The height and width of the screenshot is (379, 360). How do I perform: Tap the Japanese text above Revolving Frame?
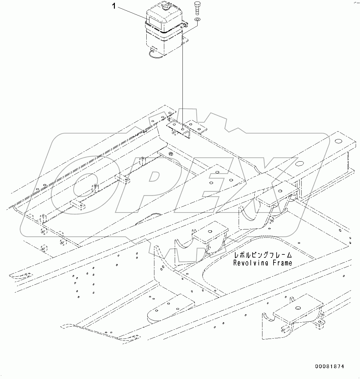point(262,255)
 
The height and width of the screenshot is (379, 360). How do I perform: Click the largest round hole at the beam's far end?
point(337,141)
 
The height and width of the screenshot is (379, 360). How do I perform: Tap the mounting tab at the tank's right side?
point(186,40)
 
